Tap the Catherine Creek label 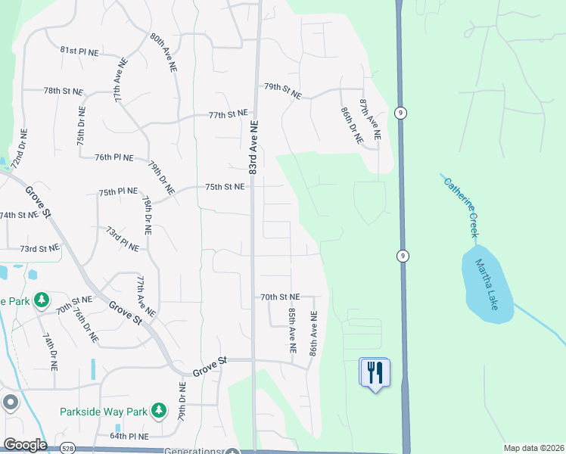(462, 206)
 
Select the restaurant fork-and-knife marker (375, 372)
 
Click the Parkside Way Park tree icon (158, 411)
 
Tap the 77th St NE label (229, 114)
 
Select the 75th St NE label (225, 186)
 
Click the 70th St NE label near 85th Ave (280, 297)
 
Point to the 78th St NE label (62, 90)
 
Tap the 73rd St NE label (39, 248)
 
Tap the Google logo (24, 444)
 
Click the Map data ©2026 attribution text (534, 448)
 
